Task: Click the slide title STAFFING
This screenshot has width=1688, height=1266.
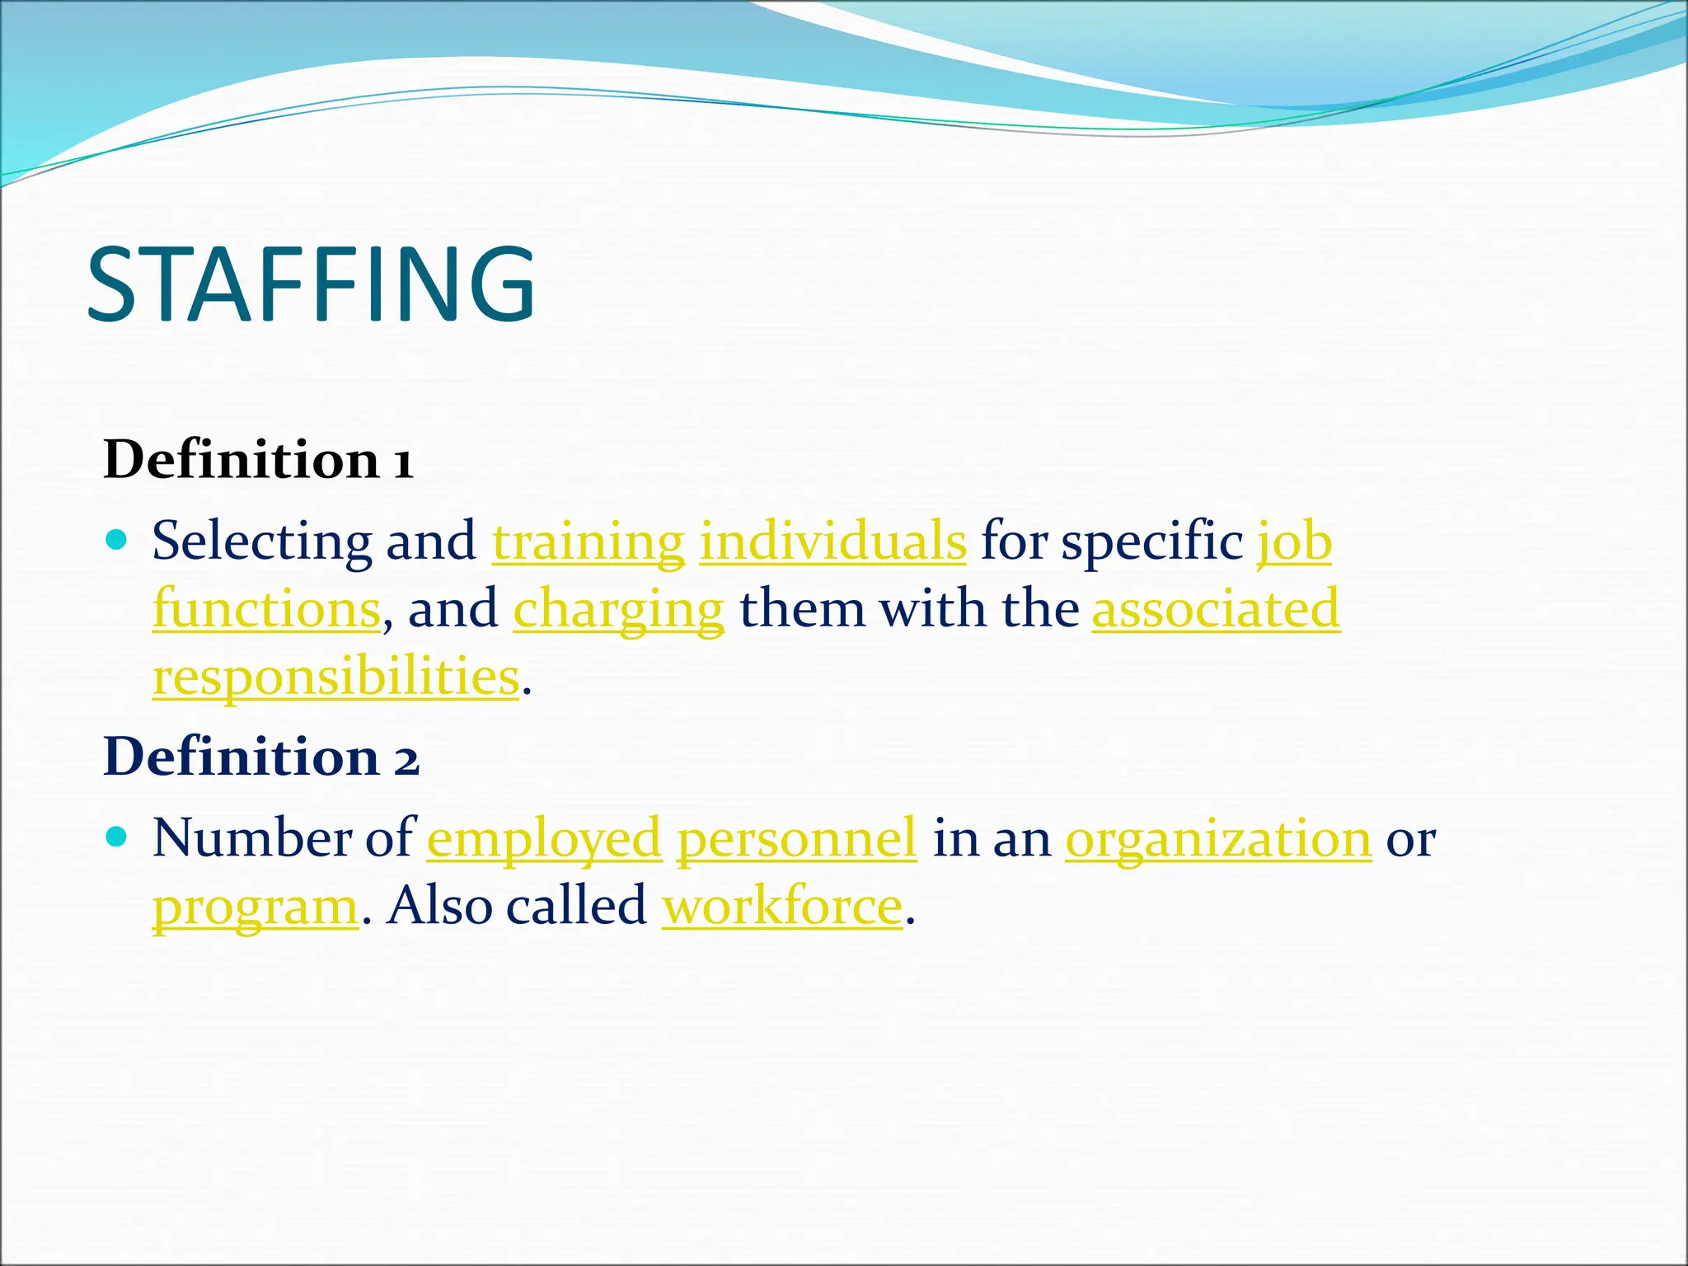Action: coord(312,284)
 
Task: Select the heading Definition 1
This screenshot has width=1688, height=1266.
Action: coord(258,459)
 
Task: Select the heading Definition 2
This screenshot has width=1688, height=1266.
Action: coord(261,756)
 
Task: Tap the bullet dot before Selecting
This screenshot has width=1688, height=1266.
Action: coord(118,541)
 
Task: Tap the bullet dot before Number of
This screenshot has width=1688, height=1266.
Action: coord(118,837)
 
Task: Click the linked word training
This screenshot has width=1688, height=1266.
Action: coord(588,542)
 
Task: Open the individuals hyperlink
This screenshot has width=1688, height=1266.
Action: coord(832,542)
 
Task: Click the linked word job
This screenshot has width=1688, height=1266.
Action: coord(1294,542)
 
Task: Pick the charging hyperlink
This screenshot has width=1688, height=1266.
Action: coord(618,611)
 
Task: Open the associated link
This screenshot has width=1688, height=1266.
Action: coord(1216,609)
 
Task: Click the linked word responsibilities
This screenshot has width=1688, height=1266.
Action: coord(336,678)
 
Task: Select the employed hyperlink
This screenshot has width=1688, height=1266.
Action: coord(544,839)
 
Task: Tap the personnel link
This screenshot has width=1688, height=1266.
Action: coord(796,839)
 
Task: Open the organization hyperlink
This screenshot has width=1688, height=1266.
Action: coord(1218,839)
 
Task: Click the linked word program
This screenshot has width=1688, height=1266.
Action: coord(256,907)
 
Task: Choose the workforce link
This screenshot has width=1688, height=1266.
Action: coord(782,906)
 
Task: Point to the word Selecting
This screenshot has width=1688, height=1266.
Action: coord(262,542)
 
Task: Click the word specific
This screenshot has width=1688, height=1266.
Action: coord(1152,542)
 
